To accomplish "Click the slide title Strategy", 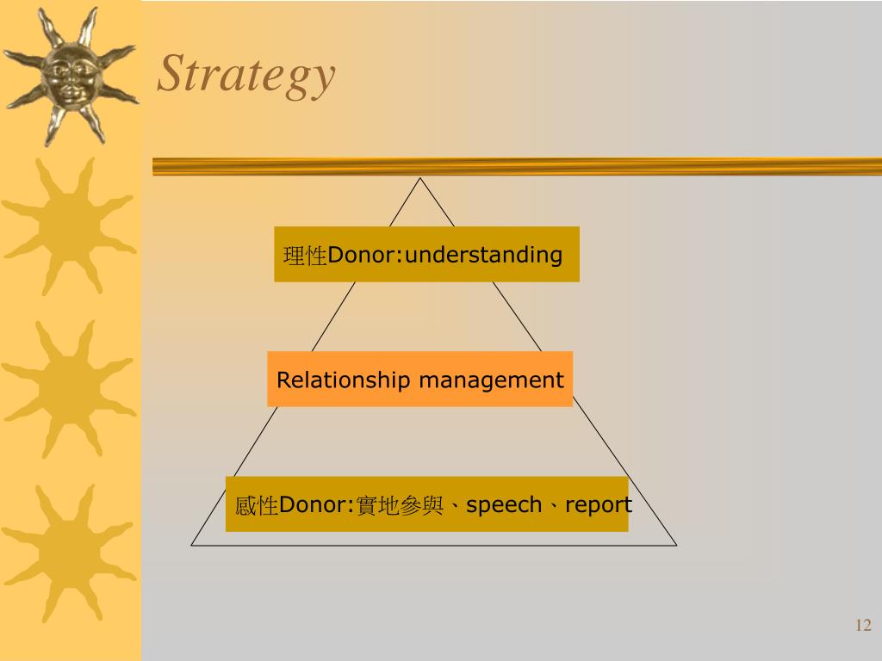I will [x=245, y=75].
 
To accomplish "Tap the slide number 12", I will [x=863, y=626].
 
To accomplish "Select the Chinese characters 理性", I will [x=305, y=256].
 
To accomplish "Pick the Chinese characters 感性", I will [x=257, y=505].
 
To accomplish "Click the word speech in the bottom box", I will [x=504, y=505].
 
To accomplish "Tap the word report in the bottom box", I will [x=599, y=505].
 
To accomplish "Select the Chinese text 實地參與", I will [x=401, y=505].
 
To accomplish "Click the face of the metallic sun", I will [x=68, y=76].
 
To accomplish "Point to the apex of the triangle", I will [x=419, y=178].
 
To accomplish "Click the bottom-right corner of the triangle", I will [x=676, y=545].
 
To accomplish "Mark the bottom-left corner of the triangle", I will [x=192, y=545].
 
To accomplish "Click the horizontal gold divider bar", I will [x=517, y=166].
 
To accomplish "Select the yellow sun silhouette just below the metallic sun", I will [x=68, y=225].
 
